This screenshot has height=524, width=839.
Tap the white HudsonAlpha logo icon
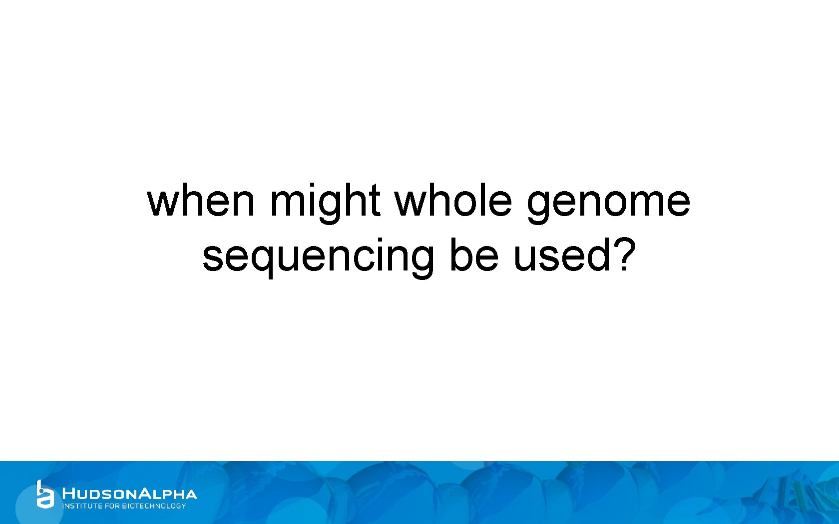click(x=44, y=495)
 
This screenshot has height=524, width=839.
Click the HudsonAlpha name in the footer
click(x=129, y=494)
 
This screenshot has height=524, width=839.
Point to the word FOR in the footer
click(x=112, y=506)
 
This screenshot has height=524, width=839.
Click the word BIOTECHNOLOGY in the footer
click(x=154, y=506)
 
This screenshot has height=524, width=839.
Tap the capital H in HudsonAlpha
click(x=68, y=494)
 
